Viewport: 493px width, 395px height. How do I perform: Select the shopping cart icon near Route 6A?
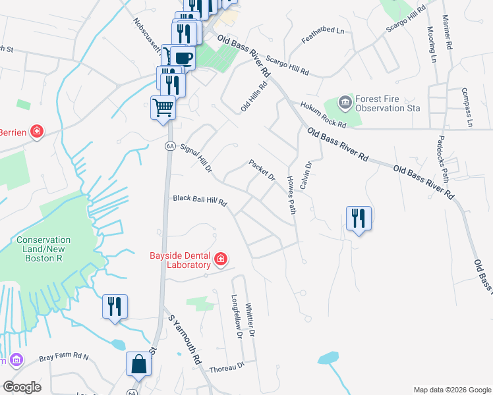[x=163, y=107]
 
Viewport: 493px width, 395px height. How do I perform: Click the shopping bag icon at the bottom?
[x=138, y=363]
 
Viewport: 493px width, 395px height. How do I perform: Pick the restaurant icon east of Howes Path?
[x=359, y=218]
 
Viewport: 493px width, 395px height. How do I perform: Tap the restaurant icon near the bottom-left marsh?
[x=115, y=306]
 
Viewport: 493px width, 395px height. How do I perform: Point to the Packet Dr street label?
[x=262, y=170]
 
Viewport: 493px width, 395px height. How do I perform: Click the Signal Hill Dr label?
[x=196, y=160]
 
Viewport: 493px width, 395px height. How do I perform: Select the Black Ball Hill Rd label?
[x=200, y=199]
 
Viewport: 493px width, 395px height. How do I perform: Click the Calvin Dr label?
[x=305, y=176]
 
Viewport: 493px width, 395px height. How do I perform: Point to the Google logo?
[x=22, y=386]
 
